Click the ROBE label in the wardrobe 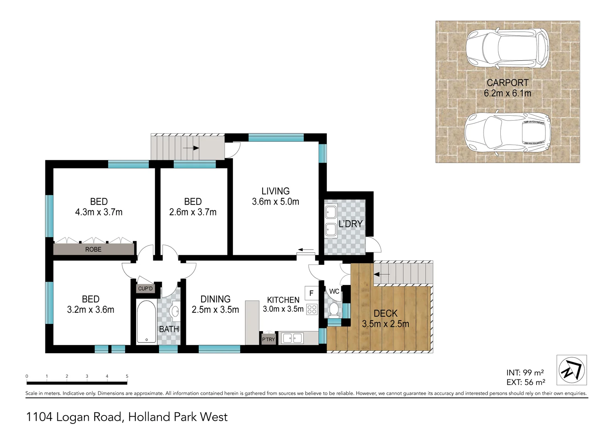[x=93, y=250]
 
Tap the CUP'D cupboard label [x=145, y=289]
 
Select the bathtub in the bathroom [x=146, y=321]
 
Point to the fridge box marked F [x=311, y=293]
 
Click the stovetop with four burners [x=312, y=309]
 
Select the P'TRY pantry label [x=268, y=340]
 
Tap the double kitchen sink [x=292, y=338]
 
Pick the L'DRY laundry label [x=350, y=224]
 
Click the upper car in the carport [x=507, y=48]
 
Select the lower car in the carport [x=507, y=131]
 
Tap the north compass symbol [x=571, y=370]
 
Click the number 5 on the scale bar [x=127, y=377]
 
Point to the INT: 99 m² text [x=525, y=373]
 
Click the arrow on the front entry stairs [x=191, y=148]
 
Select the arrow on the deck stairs [x=382, y=274]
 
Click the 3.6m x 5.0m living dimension [x=275, y=202]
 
